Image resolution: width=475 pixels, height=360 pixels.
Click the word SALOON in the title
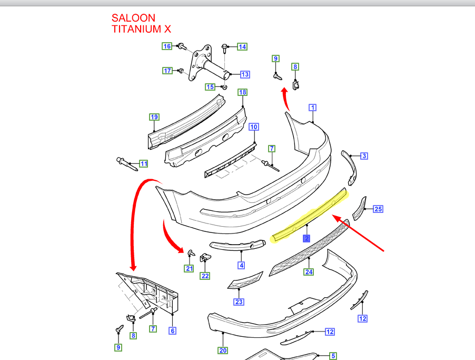click(x=133, y=18)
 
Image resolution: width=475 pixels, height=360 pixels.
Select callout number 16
click(x=166, y=46)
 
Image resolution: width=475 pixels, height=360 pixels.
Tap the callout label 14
click(x=242, y=46)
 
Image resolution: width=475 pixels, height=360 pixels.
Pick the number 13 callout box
click(x=245, y=74)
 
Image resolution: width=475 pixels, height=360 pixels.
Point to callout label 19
click(x=154, y=117)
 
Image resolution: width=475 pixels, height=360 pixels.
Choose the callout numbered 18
click(x=242, y=93)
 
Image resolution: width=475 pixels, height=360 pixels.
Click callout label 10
click(x=254, y=127)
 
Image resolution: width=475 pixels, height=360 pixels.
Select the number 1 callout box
click(x=312, y=108)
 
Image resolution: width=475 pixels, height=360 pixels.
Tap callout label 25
click(x=378, y=209)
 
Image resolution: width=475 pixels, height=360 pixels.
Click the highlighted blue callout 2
click(x=306, y=238)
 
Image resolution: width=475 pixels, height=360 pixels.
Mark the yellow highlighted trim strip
click(x=311, y=216)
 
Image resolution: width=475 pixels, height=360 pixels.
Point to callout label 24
click(x=308, y=273)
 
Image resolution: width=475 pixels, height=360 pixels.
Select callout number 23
click(x=239, y=302)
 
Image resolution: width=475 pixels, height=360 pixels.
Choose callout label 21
click(x=189, y=268)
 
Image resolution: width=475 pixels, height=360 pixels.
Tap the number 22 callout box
click(x=205, y=276)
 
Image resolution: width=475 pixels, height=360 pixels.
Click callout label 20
click(x=223, y=351)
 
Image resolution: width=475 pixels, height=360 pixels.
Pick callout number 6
click(x=172, y=331)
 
